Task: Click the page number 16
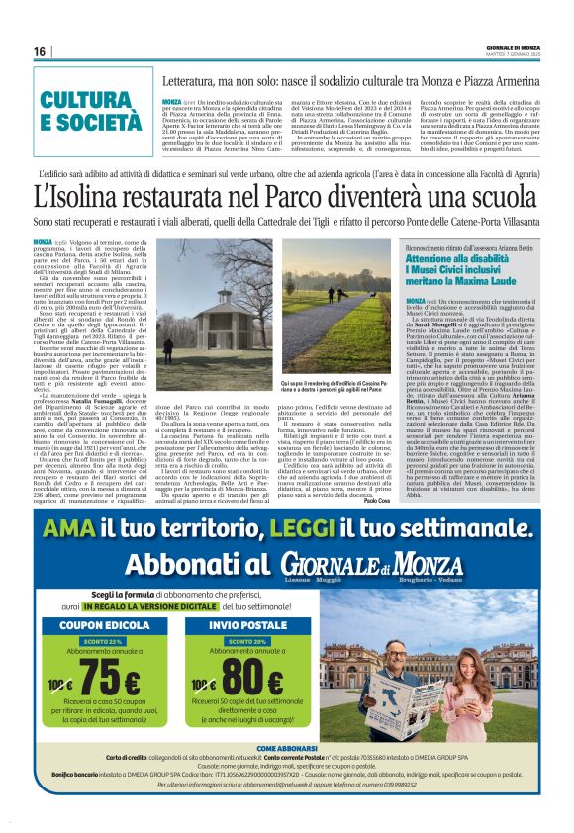40,50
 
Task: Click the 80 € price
250,682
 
